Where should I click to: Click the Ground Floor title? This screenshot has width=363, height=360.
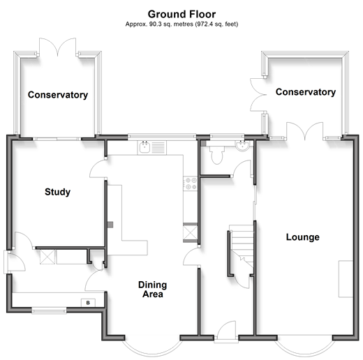click(181, 14)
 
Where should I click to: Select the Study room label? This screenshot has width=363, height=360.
click(57, 192)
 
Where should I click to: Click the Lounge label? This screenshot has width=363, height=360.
click(302, 237)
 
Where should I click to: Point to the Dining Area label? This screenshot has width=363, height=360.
click(152, 290)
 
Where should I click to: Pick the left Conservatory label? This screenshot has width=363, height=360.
click(58, 95)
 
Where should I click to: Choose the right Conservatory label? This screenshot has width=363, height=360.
click(306, 92)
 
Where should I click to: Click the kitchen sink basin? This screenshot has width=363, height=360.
click(145, 147)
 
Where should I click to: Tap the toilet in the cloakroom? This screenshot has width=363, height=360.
click(217, 154)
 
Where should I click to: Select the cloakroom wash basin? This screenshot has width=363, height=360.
click(242, 146)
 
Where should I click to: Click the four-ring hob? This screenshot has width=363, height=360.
click(191, 183)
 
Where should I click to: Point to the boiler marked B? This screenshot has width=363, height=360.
click(88, 303)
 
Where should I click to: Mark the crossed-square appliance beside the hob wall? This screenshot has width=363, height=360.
click(190, 232)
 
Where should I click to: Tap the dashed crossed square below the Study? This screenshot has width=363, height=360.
click(47, 257)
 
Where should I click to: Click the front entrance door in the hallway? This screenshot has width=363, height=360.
click(226, 331)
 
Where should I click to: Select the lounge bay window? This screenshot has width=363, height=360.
click(305, 347)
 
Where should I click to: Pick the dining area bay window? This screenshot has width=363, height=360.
click(152, 347)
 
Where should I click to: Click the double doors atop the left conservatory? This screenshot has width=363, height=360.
click(58, 47)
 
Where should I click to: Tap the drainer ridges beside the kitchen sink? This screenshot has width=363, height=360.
click(158, 147)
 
